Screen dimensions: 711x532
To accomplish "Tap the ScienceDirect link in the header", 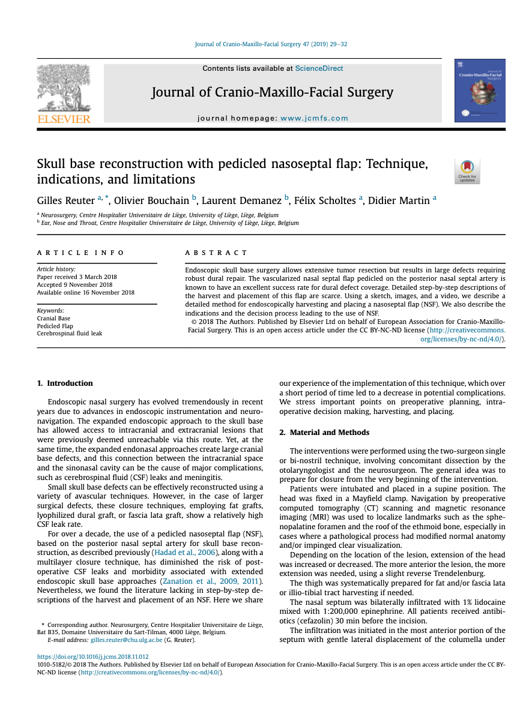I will coord(319,68).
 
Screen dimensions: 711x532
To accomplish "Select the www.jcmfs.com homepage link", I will coord(314,118).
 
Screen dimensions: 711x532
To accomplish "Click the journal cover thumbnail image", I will coord(479,91).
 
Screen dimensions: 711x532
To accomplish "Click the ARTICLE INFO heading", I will coord(80,253).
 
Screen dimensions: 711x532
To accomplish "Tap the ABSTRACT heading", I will coord(216,253).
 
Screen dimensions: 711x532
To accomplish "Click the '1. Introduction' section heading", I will coord(65,383).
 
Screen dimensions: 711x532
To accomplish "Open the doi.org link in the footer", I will coord(92,657).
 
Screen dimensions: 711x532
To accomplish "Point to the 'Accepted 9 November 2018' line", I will coord(74,285).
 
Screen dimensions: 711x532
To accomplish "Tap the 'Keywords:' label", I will coord(50,310).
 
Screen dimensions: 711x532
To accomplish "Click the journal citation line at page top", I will coord(271,44).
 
